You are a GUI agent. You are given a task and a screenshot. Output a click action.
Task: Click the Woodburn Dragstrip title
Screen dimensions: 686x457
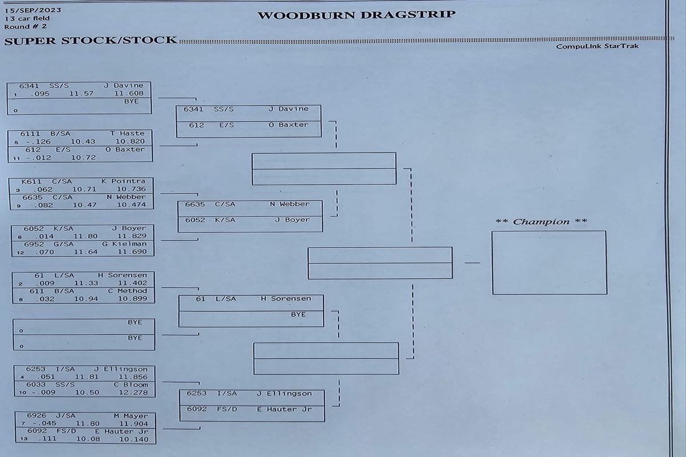click(357, 15)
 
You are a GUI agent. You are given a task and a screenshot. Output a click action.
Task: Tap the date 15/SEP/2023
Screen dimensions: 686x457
click(33, 10)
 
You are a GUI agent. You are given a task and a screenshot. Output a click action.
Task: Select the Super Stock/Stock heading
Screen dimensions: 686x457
click(91, 41)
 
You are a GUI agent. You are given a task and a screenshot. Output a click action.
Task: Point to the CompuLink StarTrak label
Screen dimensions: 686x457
click(597, 46)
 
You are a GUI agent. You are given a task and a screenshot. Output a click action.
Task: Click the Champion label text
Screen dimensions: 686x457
click(541, 222)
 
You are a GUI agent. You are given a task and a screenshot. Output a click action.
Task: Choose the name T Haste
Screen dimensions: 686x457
click(127, 134)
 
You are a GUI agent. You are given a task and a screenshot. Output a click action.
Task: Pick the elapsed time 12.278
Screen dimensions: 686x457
click(133, 392)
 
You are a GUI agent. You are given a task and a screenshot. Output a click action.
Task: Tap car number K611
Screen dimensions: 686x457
click(31, 181)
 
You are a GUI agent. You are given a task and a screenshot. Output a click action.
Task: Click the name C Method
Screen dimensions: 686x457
click(127, 291)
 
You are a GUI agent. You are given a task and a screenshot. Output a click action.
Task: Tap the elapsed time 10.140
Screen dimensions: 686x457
click(134, 439)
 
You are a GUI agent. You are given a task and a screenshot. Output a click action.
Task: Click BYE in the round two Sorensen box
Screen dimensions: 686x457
click(298, 314)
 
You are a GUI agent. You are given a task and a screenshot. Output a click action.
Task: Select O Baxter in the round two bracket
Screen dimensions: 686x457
click(289, 125)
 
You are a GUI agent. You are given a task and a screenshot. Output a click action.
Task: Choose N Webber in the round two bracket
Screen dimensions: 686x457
click(290, 204)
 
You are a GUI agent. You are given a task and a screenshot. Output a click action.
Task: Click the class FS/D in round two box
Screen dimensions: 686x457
click(227, 409)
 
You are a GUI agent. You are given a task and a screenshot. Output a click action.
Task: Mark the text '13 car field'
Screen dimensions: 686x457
click(27, 18)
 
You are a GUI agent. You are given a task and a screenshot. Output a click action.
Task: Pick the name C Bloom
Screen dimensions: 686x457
click(131, 384)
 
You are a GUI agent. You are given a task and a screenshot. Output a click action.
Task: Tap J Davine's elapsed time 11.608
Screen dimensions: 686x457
click(129, 93)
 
